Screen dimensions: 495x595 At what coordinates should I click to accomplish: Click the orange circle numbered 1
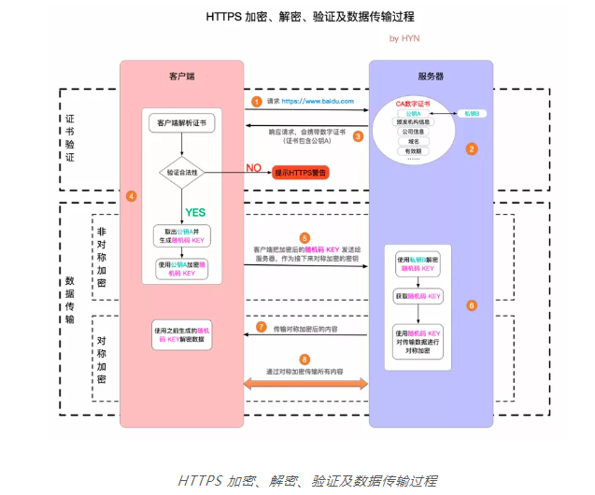[x=256, y=100]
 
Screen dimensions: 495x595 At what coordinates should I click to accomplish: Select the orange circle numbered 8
[x=304, y=359]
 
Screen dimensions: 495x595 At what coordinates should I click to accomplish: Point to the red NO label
[x=252, y=168]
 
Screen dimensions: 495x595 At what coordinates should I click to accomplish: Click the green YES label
[x=195, y=212]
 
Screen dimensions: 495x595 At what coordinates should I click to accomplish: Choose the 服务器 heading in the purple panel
[x=431, y=74]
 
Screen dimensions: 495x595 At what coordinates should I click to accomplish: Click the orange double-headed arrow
[x=304, y=384]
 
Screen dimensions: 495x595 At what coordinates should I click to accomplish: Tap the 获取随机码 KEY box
[x=418, y=296]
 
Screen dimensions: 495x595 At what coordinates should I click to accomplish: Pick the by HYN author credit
[x=404, y=38]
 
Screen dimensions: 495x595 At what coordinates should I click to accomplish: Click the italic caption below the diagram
[x=306, y=481]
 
